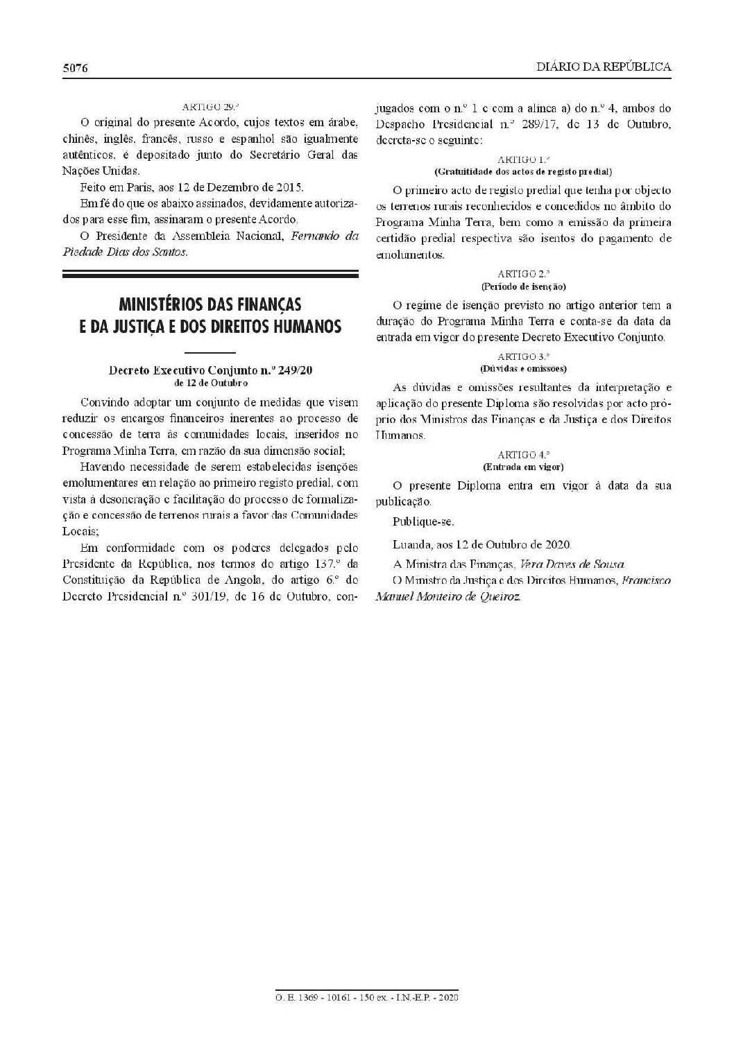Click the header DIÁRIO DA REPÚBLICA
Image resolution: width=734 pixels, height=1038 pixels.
click(604, 67)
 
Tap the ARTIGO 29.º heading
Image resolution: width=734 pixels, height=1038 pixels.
click(210, 107)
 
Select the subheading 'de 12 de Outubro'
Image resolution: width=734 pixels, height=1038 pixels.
click(210, 382)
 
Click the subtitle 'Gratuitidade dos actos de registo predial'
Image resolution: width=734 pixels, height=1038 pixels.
click(524, 171)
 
